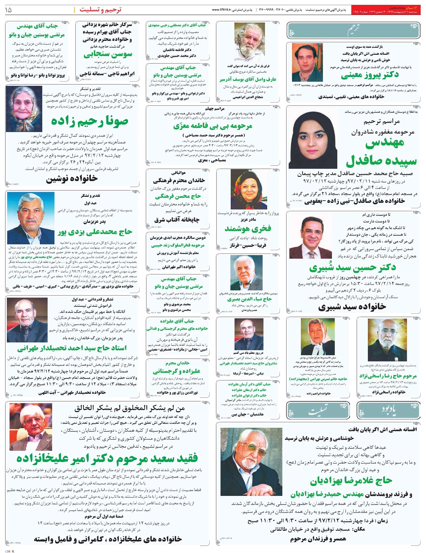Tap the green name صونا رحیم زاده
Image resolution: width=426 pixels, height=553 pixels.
click(89, 121)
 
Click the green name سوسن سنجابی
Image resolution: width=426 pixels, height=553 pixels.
click(108, 55)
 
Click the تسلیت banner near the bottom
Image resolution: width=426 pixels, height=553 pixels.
click(318, 412)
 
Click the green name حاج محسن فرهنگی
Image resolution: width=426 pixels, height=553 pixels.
click(178, 196)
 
